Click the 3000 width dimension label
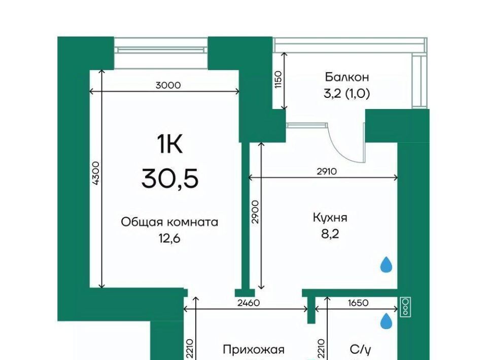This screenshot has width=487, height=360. [168, 85]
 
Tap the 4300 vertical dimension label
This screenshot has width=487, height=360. [96, 173]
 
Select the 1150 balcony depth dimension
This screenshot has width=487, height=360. [278, 80]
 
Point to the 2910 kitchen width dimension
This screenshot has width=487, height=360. [327, 171]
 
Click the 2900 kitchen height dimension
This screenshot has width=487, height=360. [255, 212]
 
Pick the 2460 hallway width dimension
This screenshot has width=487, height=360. [248, 303]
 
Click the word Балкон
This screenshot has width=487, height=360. [347, 77]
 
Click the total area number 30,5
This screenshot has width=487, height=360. [170, 179]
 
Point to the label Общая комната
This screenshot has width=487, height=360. [169, 222]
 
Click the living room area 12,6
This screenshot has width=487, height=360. [169, 239]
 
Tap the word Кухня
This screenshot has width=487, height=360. [330, 218]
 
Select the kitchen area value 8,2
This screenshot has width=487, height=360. [330, 234]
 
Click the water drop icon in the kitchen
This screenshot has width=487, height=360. [387, 264]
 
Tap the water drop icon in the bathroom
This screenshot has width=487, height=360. [387, 321]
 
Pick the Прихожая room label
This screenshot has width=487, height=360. [254, 350]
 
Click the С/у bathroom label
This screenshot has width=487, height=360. [360, 350]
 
